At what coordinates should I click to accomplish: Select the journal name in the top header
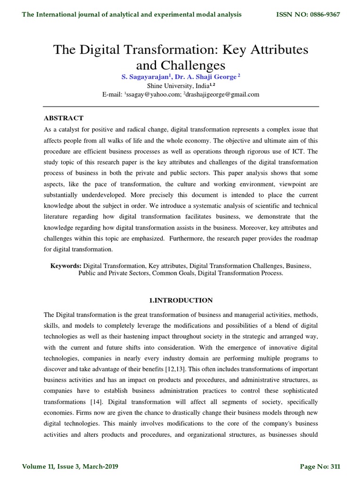coord(132,15)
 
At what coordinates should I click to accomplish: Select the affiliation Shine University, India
coord(174,86)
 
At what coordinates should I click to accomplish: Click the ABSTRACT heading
coord(64,118)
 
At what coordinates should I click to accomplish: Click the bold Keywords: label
coord(66,266)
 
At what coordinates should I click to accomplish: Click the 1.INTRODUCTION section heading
coord(181,300)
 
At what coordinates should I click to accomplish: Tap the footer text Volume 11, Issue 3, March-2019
coord(70,467)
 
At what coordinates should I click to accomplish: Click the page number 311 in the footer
coord(334,467)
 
